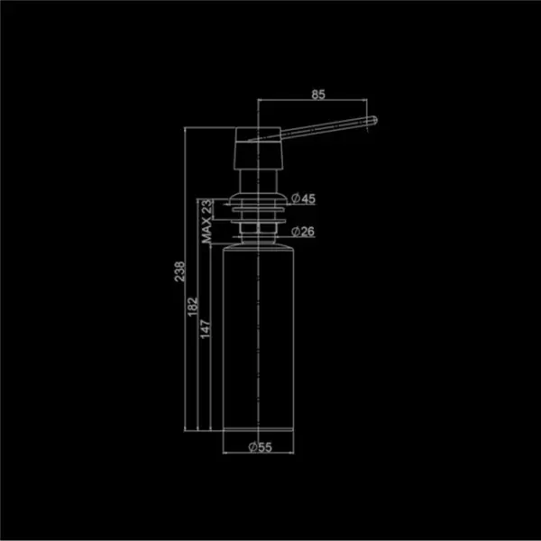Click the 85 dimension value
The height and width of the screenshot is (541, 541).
click(x=318, y=94)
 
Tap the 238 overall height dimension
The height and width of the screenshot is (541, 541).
click(x=179, y=271)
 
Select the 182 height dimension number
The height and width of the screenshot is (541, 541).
click(x=193, y=307)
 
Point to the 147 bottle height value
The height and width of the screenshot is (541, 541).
click(x=206, y=329)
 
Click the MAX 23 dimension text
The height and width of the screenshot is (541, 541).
click(x=206, y=221)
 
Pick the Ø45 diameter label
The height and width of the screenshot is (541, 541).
click(x=303, y=198)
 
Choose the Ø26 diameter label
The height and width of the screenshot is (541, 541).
click(x=303, y=231)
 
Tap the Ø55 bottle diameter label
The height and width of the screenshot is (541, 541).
click(x=261, y=447)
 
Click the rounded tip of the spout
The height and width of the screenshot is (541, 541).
click(x=373, y=121)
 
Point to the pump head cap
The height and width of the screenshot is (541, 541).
click(x=259, y=149)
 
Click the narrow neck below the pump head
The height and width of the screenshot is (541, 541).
click(x=259, y=181)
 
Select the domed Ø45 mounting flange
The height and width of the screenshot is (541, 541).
click(x=259, y=199)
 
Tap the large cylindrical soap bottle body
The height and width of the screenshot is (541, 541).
click(x=259, y=338)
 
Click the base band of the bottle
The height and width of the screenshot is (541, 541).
click(x=259, y=430)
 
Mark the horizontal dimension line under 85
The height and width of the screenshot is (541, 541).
click(x=313, y=100)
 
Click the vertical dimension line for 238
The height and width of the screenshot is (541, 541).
click(x=185, y=279)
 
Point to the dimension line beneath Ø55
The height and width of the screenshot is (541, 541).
click(x=259, y=453)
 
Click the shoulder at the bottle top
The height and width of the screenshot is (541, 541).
click(x=259, y=245)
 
